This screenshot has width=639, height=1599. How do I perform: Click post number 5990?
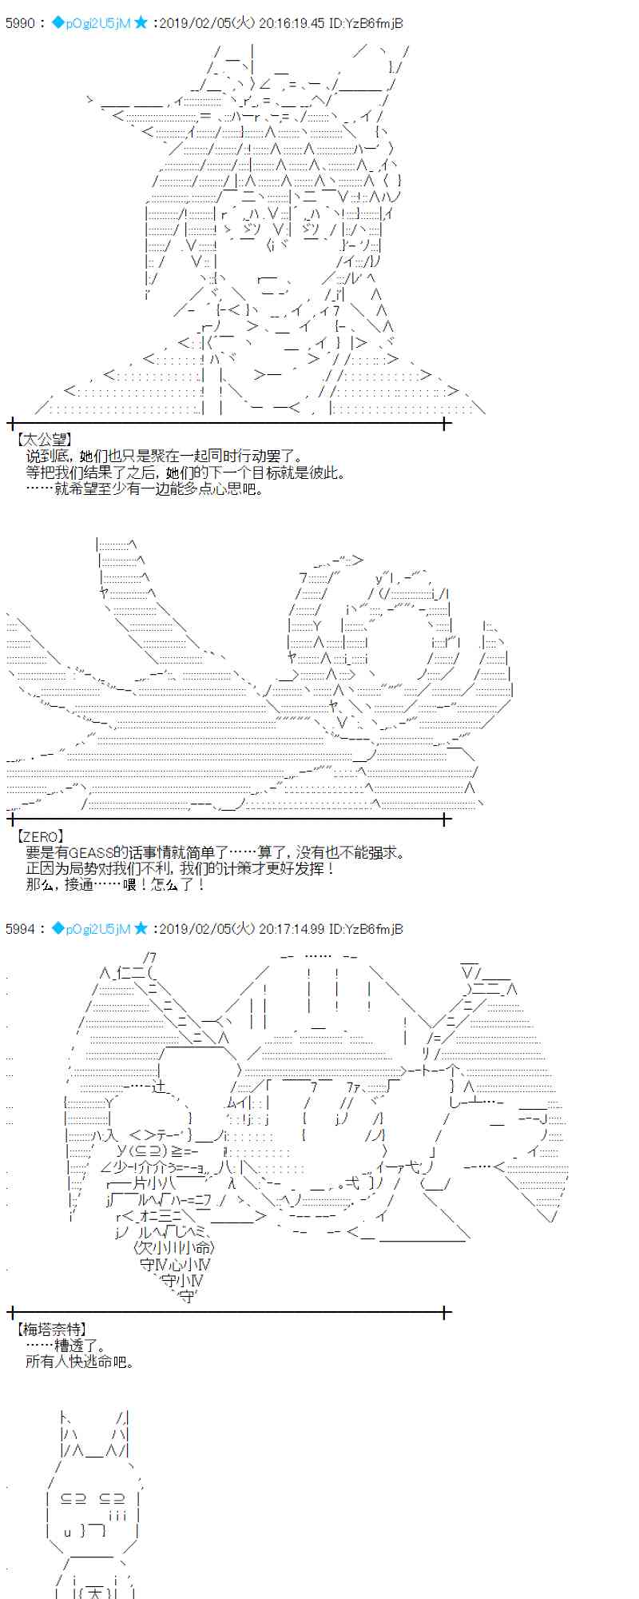(20, 23)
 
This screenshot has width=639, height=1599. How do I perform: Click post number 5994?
(20, 928)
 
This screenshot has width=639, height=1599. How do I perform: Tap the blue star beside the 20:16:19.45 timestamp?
(141, 23)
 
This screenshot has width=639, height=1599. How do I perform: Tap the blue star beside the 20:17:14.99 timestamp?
(141, 928)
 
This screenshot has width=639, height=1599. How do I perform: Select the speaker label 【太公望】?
(43, 439)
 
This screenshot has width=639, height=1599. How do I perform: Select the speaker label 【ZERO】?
(39, 837)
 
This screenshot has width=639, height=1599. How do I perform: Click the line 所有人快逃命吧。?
(80, 1362)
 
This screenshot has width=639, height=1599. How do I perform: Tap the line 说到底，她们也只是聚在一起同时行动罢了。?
(165, 456)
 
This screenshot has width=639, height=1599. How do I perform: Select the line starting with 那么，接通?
(116, 885)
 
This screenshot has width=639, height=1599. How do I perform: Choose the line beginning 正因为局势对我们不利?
(180, 869)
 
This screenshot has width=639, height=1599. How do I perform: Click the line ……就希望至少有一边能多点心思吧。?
(145, 488)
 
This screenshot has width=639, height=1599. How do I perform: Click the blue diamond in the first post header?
(57, 23)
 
